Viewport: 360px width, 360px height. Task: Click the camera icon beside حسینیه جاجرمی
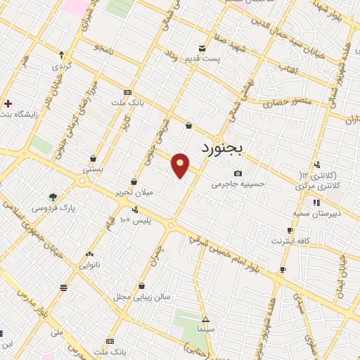coord(238,174)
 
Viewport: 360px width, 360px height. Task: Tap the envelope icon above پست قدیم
coord(202,48)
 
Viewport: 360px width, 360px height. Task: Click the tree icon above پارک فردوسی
coord(53,198)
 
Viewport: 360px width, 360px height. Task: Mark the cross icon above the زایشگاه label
coord(7,103)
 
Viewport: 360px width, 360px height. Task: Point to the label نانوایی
coord(89,265)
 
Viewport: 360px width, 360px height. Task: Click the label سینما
coord(205,329)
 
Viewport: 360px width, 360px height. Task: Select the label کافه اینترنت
coord(289,240)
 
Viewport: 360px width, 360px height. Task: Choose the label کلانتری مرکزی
coord(322,187)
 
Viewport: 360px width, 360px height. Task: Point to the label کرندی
coord(62,65)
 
